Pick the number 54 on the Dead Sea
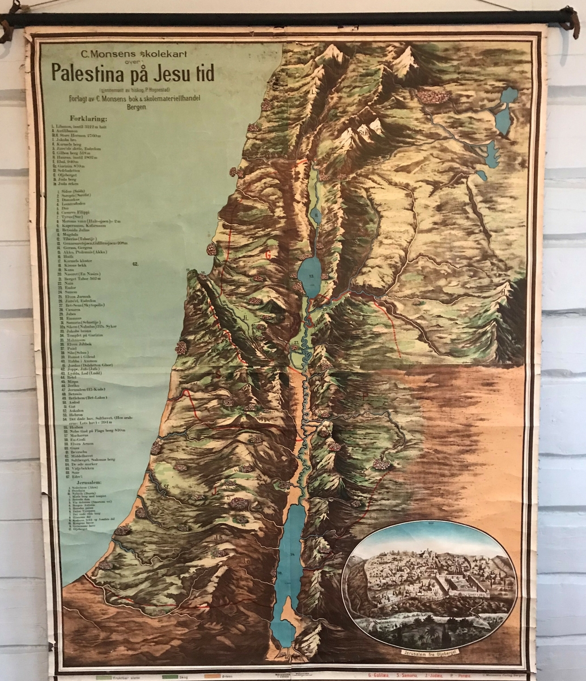click(x=292, y=553)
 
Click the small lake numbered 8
click(x=316, y=215)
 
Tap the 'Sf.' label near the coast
click(x=167, y=486)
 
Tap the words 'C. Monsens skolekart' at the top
click(x=122, y=55)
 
